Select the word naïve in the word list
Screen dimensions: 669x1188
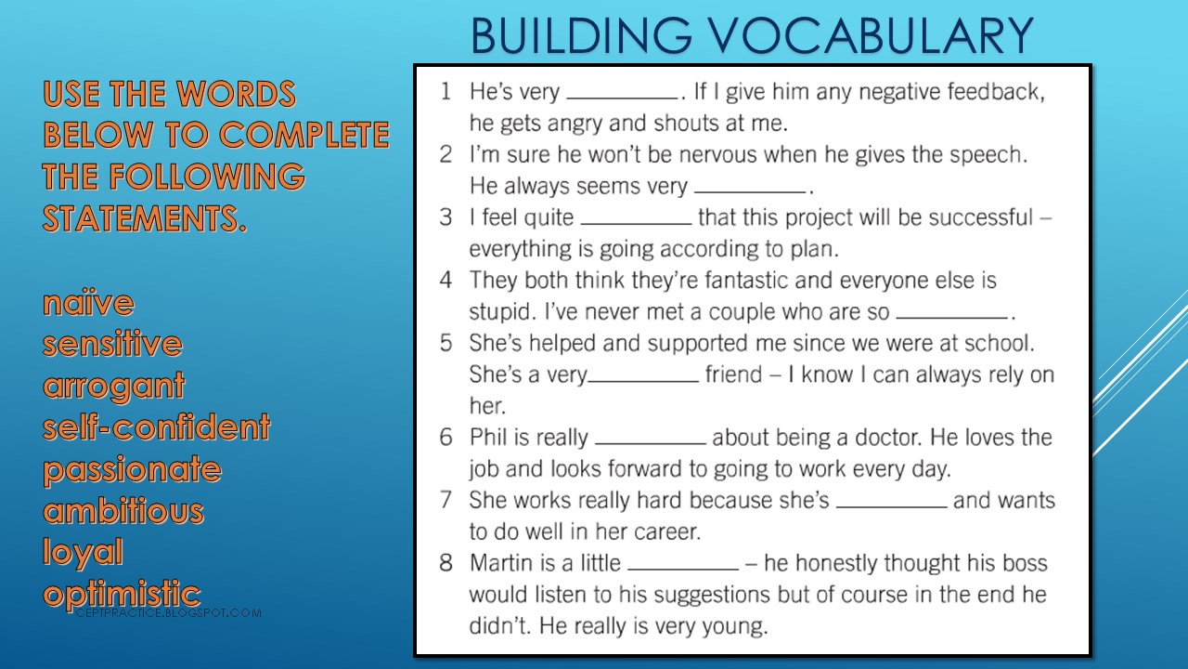pyautogui.click(x=88, y=303)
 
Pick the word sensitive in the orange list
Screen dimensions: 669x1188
pyautogui.click(x=112, y=345)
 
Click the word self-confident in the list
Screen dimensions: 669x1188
pyautogui.click(x=156, y=427)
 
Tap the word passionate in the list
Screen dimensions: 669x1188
pyautogui.click(x=132, y=469)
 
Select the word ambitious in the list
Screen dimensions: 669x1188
pyautogui.click(x=123, y=511)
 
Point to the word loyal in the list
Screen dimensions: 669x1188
pyautogui.click(x=83, y=553)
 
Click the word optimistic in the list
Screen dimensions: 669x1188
pyautogui.click(x=122, y=594)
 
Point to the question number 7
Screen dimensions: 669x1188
pyautogui.click(x=446, y=500)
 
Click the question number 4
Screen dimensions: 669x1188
pyautogui.click(x=446, y=280)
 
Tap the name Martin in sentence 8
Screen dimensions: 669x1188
pyautogui.click(x=499, y=563)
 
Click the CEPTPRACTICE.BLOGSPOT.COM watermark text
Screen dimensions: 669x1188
pyautogui.click(x=167, y=613)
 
